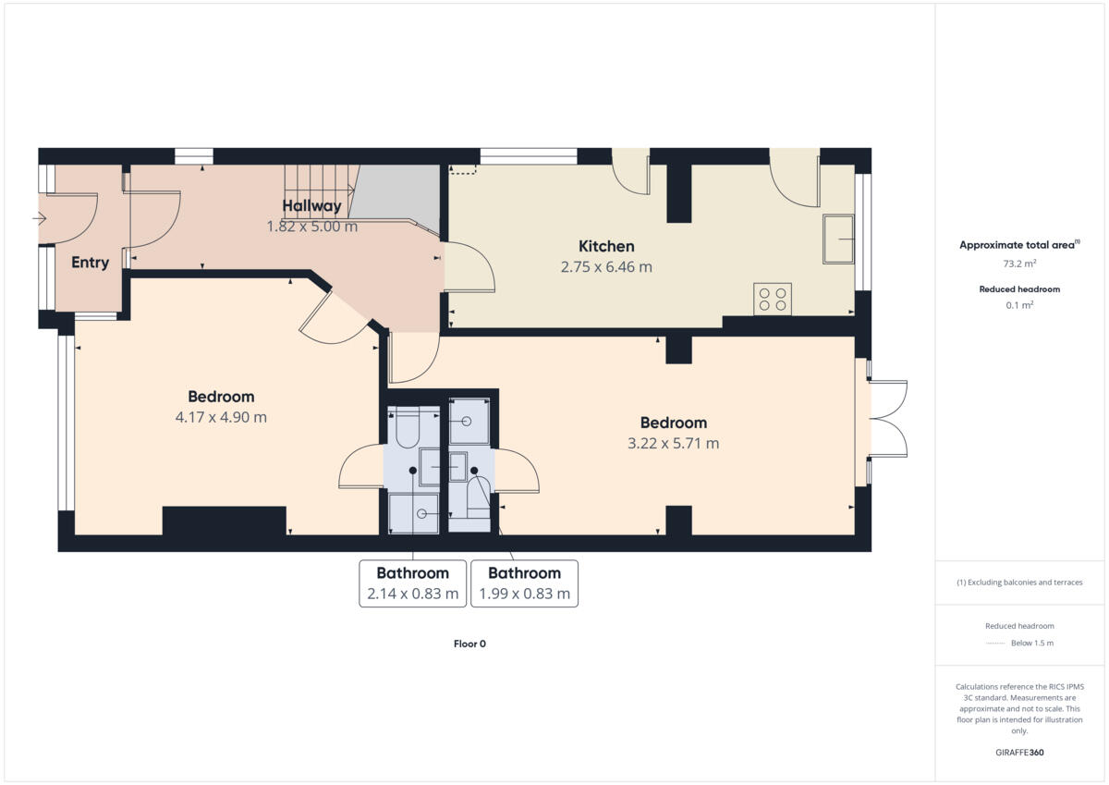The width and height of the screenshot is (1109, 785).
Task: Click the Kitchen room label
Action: coord(606,246)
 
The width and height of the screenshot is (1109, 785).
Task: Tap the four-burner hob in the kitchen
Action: coord(772,299)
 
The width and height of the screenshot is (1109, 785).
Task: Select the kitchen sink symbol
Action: coord(838,239)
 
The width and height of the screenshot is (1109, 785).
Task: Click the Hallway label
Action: coord(311,205)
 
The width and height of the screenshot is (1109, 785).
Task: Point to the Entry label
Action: coord(90,263)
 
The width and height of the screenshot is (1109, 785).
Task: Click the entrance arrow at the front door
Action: coord(39,219)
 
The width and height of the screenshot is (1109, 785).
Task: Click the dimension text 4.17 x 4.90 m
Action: coord(221,417)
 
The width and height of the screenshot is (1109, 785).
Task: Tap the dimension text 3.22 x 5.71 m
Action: coord(673,443)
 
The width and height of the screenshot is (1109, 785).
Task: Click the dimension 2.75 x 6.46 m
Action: coord(606,267)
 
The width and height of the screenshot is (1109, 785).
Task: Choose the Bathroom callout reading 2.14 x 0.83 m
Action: coord(412,583)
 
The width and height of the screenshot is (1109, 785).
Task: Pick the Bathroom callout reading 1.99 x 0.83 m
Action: coord(524,583)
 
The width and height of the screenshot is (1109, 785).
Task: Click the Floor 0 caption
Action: coord(469,644)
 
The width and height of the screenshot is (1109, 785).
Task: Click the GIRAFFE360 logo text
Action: coord(1019,753)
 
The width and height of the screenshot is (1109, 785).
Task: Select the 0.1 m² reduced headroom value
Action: coord(1019,304)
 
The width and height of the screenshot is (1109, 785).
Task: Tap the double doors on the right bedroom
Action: coord(887,419)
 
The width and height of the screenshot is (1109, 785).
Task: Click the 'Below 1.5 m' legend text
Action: coord(1032,643)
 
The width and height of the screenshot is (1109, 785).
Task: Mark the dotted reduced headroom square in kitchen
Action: coord(463,169)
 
